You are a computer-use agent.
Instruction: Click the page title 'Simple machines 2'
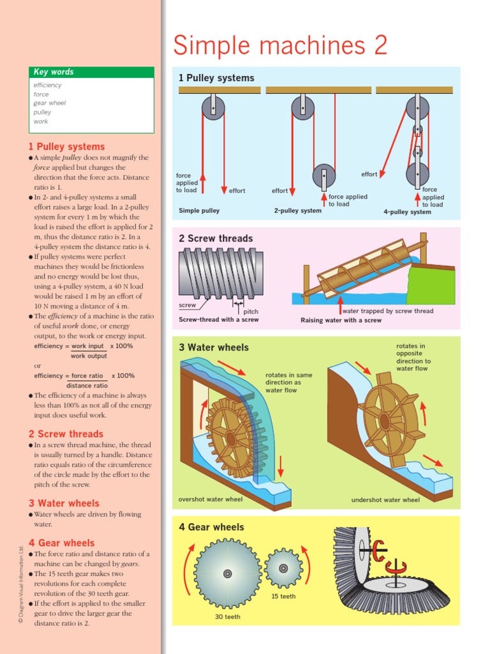point(280,46)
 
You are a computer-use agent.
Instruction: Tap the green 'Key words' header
point(54,72)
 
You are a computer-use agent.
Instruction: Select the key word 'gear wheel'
point(50,103)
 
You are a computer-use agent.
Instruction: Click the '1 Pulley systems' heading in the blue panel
point(216,78)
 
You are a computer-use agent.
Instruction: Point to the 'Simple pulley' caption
point(199,211)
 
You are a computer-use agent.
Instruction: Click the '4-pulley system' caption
point(407,212)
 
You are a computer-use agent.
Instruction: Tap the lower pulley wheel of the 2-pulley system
point(323,176)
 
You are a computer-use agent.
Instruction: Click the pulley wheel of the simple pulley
point(213,107)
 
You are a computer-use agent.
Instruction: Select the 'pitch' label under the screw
point(251,311)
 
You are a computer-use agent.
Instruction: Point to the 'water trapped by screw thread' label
point(388,311)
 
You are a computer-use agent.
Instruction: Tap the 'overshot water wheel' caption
point(211,499)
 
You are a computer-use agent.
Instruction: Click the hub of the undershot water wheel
point(384,421)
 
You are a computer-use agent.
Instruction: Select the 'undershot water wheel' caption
point(385,500)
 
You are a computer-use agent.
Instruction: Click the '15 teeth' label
point(283,597)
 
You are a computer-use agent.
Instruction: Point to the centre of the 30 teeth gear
point(227,574)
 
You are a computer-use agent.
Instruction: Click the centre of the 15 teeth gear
point(283,568)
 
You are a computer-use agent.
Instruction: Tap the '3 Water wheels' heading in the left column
point(64,503)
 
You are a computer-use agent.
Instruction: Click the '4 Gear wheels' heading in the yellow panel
point(211,527)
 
